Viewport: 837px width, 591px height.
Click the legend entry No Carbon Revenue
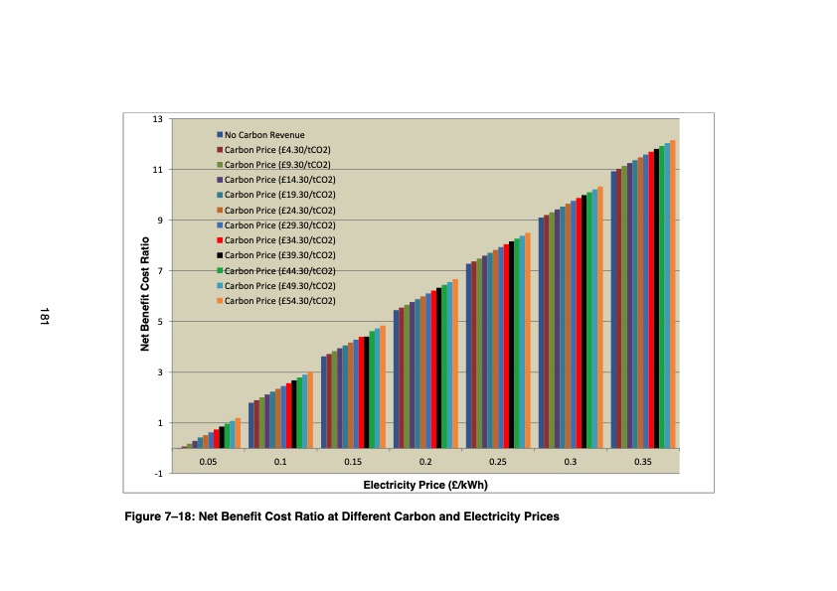(x=263, y=134)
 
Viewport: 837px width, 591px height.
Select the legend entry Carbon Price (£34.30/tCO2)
(x=279, y=240)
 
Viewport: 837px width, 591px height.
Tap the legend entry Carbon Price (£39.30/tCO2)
(x=279, y=255)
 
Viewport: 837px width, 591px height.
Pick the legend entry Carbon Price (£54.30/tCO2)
(x=279, y=301)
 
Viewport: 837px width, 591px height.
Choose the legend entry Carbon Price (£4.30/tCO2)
(x=277, y=149)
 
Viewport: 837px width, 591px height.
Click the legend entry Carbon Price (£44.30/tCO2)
(x=279, y=270)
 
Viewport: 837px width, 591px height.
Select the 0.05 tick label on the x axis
(x=208, y=463)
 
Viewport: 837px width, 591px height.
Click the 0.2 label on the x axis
(x=425, y=463)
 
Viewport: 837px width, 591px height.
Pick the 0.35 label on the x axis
(x=643, y=463)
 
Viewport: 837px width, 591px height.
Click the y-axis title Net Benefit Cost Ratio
(x=144, y=294)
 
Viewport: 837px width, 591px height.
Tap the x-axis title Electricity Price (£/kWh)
(x=425, y=485)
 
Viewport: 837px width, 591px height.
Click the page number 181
(x=44, y=317)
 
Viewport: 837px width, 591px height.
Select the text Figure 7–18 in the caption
(x=159, y=517)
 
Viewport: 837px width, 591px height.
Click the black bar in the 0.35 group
(x=657, y=298)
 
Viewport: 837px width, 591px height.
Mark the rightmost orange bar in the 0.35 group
(x=673, y=294)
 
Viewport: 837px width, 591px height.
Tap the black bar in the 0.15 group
(x=366, y=392)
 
